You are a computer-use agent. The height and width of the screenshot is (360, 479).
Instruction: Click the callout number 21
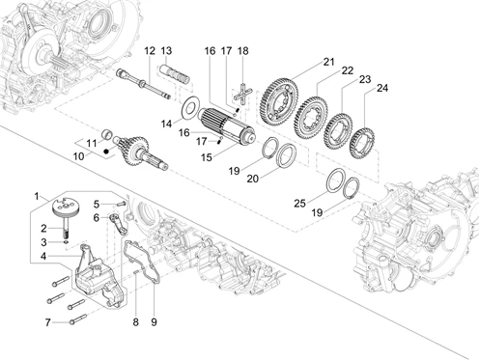(x=328, y=62)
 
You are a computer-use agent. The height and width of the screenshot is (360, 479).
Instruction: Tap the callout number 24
(x=382, y=88)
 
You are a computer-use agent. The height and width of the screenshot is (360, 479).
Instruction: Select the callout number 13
(x=166, y=51)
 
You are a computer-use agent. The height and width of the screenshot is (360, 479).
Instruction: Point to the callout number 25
(x=299, y=204)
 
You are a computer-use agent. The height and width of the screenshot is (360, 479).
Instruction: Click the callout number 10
(x=78, y=156)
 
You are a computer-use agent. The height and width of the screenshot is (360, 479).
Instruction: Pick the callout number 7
(x=47, y=322)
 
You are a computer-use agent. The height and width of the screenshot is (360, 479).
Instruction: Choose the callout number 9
(x=154, y=321)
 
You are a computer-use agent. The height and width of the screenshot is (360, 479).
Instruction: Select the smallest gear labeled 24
(x=362, y=143)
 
